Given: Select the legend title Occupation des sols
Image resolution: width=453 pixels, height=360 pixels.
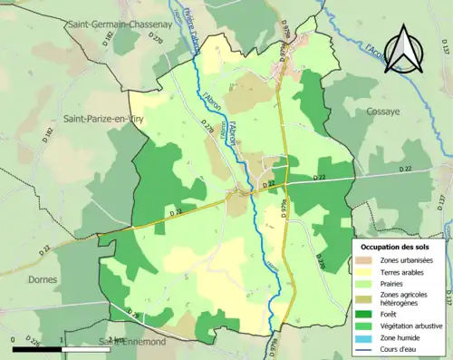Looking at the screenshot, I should pyautogui.click(x=395, y=247).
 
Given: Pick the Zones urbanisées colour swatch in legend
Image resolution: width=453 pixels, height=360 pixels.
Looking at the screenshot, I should pyautogui.click(x=366, y=261).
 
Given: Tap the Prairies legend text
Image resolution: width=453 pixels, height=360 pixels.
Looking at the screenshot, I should pyautogui.click(x=397, y=287).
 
